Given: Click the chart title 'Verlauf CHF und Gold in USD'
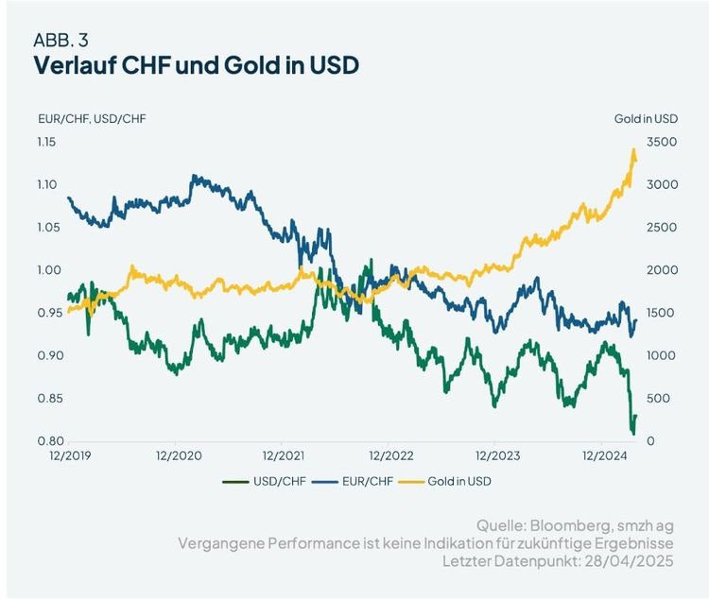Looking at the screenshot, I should (196, 66).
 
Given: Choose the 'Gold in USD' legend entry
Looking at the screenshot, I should (460, 481).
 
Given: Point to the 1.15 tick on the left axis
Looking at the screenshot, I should (47, 142).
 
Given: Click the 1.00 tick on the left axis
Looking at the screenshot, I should (47, 270).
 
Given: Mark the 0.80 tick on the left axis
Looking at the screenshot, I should (47, 441).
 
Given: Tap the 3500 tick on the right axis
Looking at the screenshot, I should (662, 142).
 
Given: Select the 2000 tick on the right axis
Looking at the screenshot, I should (662, 270).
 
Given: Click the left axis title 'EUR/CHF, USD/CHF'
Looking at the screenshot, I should (91, 119).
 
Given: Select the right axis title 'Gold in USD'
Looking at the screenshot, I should (646, 119).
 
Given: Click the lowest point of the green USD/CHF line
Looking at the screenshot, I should (633, 434).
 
